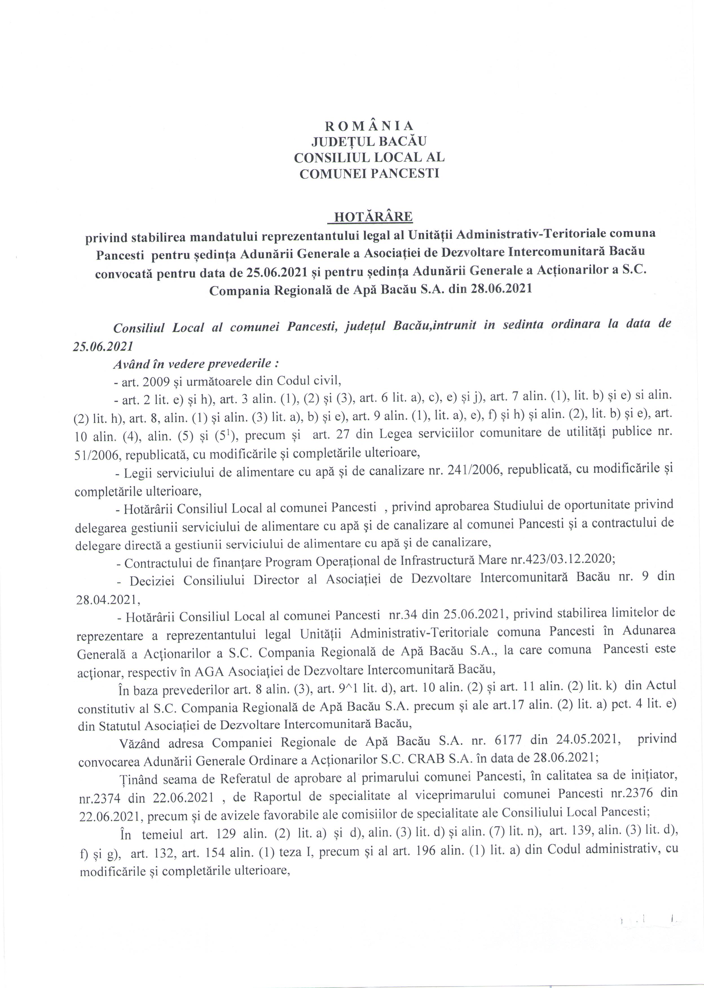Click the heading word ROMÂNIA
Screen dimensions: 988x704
(369, 126)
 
